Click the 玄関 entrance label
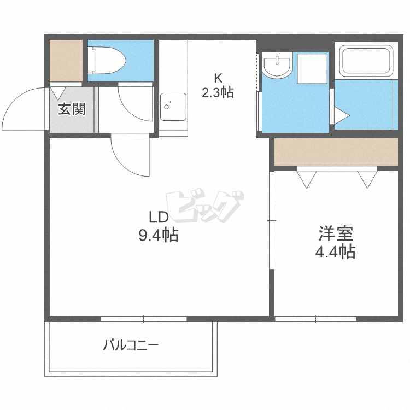72,109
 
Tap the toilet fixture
107,60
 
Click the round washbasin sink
277,65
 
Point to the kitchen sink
173,107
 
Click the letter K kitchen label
218,78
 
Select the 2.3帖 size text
218,92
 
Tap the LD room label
159,217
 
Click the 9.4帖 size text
159,235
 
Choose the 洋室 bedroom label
336,233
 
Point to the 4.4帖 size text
335,251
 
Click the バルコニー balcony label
131,345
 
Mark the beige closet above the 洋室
336,152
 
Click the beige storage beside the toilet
66,60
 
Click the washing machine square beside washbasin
312,69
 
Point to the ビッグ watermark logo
205,206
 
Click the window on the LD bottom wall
144,319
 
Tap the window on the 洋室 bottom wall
315,319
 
